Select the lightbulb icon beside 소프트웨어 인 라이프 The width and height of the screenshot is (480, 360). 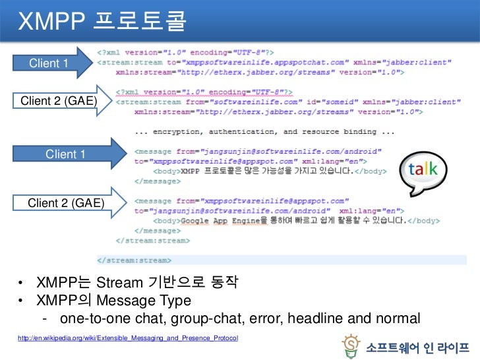tap(351, 344)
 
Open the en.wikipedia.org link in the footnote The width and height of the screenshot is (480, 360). tap(129, 338)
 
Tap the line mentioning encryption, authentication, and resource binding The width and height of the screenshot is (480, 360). tap(264, 132)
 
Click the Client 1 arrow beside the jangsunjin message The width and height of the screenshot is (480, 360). tap(66, 154)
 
